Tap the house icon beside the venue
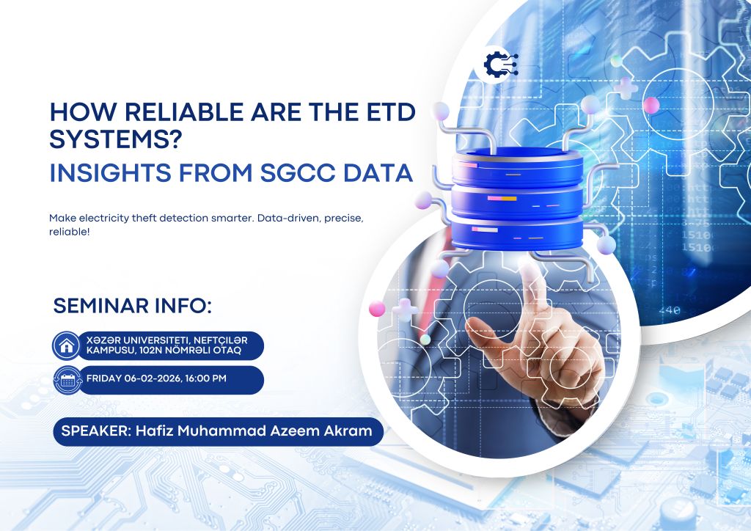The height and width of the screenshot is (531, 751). (x=67, y=345)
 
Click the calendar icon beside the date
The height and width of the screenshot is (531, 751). (x=67, y=380)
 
